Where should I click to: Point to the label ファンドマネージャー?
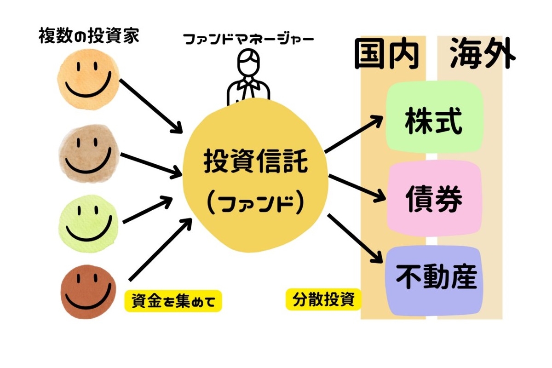pyautogui.click(x=248, y=39)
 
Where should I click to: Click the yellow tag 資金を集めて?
pyautogui.click(x=173, y=301)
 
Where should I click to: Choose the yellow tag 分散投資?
pyautogui.click(x=323, y=300)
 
